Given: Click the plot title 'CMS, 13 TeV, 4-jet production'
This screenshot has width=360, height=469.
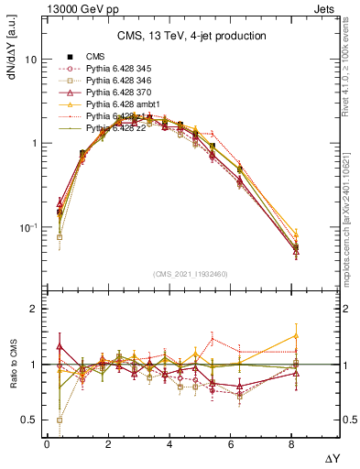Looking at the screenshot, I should pos(191,36).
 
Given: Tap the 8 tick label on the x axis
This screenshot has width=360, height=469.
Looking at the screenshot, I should pos(295,444).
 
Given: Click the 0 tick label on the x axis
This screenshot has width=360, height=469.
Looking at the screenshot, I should pos(47,444).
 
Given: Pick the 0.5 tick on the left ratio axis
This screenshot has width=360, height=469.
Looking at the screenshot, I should pos(29,420).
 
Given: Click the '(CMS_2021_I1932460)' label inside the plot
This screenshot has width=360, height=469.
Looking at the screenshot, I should pos(191,274).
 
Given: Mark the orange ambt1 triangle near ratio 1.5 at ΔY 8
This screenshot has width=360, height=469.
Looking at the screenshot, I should pos(296,335).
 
